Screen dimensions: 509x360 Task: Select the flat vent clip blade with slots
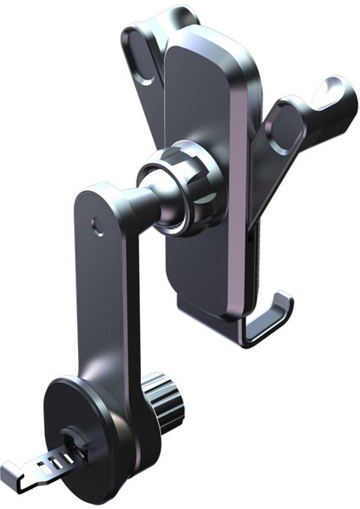tap(42, 464)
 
